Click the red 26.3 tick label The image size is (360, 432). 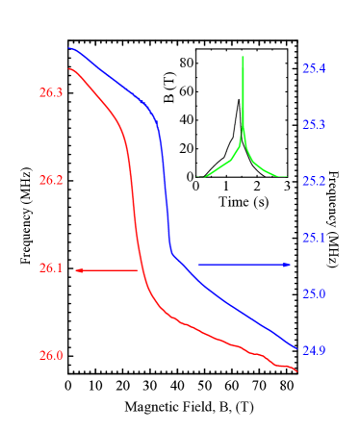(51, 93)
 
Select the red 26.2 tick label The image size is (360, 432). (51, 181)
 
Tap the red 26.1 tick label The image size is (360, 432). (51, 268)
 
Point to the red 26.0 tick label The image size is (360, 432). (51, 356)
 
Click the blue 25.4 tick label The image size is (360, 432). (314, 69)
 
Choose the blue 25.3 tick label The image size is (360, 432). (314, 125)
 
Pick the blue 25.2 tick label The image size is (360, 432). (314, 182)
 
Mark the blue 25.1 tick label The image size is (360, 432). (314, 238)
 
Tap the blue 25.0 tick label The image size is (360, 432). (314, 293)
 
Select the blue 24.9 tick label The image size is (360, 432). (314, 351)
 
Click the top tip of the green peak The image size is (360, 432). (243, 57)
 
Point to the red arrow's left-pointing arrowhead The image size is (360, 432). (78, 270)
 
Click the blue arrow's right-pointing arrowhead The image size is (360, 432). (288, 264)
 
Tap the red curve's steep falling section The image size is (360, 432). (134, 192)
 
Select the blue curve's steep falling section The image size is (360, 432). (165, 192)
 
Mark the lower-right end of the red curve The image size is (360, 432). (296, 371)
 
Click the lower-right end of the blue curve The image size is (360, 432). (296, 348)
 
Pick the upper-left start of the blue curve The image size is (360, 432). (69, 48)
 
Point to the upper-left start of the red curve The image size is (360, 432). (69, 69)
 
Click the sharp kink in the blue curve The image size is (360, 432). (171, 252)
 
